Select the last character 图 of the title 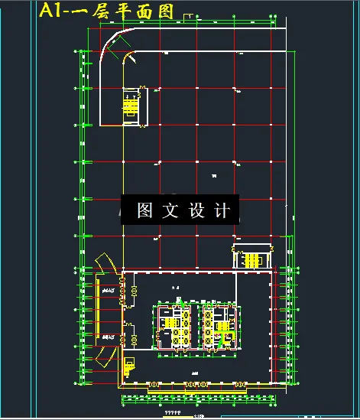[x=164, y=11]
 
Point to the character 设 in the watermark [x=196, y=211]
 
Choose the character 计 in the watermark [x=222, y=211]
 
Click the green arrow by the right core [x=223, y=341]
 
